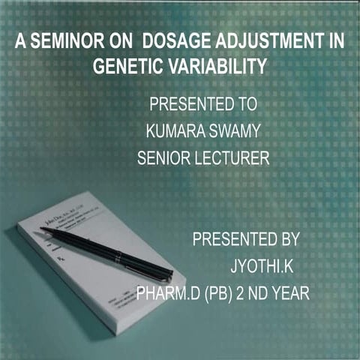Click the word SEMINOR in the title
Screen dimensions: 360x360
(x=62, y=43)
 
